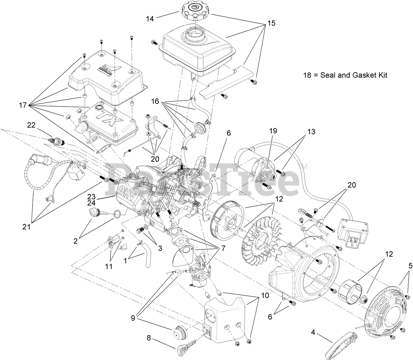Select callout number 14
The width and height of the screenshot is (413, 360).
(x=150, y=19)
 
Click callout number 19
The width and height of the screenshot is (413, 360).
(x=272, y=131)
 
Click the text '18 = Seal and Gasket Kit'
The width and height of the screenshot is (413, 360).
(x=345, y=75)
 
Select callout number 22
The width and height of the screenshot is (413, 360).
(x=31, y=125)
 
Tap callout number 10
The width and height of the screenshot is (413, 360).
(x=265, y=295)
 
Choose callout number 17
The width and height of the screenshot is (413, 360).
(x=23, y=105)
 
